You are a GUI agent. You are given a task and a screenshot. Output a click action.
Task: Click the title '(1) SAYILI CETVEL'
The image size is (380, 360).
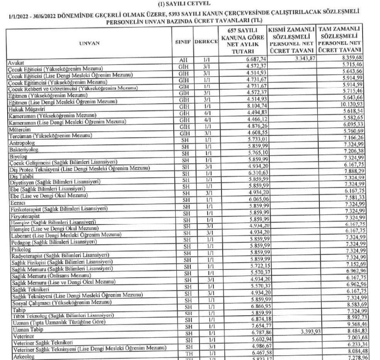[x=190, y=5]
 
